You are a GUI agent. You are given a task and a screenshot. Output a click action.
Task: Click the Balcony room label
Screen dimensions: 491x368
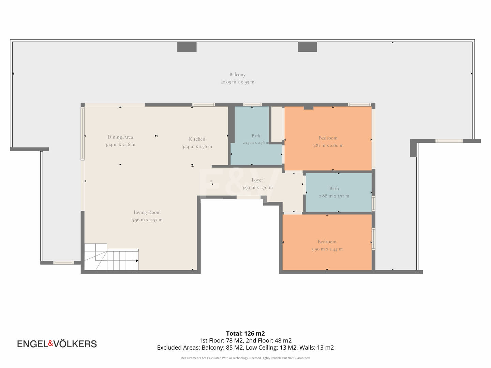[x=237, y=74]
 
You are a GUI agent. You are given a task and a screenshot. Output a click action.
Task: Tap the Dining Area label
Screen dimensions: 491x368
[x=120, y=137]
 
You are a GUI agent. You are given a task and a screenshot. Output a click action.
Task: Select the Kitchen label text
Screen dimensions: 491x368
[x=197, y=139]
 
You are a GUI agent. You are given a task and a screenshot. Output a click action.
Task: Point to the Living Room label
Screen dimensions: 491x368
[x=147, y=212]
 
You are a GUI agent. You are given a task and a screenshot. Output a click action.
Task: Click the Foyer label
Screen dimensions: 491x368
[x=257, y=180]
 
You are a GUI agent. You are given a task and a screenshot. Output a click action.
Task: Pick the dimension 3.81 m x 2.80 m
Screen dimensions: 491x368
[x=328, y=145]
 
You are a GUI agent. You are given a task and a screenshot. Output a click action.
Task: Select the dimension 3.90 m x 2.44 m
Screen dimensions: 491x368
[x=327, y=249]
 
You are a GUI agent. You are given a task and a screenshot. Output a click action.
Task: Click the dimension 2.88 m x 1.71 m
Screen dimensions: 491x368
[x=334, y=196]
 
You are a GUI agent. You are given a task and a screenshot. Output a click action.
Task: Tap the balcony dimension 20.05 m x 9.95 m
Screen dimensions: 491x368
[x=237, y=82]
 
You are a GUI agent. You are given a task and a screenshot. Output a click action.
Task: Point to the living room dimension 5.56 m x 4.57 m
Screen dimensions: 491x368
[x=147, y=220]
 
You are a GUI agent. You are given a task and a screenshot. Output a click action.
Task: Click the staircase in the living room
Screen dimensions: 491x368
[x=111, y=257]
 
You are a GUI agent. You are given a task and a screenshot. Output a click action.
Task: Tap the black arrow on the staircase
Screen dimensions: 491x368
[x=137, y=261]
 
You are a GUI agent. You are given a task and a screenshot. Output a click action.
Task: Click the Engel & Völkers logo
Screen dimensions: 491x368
[x=57, y=344]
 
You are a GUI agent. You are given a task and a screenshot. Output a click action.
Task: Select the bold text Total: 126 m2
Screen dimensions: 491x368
[x=245, y=334]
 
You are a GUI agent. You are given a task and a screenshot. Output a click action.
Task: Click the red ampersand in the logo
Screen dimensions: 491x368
[x=50, y=343]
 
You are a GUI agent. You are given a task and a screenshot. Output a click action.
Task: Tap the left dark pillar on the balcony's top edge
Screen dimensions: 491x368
[x=187, y=47]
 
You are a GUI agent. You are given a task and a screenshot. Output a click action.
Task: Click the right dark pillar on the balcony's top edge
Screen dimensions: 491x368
[x=307, y=47]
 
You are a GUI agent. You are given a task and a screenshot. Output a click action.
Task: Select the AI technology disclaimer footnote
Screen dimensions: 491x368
[x=245, y=358]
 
